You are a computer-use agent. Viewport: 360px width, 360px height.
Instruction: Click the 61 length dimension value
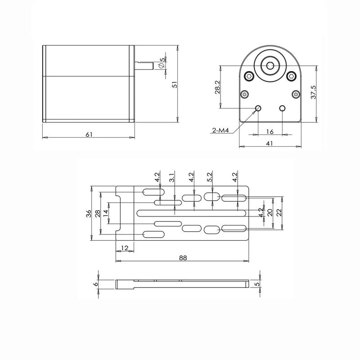click(x=89, y=135)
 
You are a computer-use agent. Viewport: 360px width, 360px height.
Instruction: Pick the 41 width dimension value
click(x=270, y=144)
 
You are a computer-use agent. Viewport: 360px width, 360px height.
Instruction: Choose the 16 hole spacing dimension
click(x=269, y=131)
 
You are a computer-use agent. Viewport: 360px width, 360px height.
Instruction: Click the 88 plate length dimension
click(x=183, y=258)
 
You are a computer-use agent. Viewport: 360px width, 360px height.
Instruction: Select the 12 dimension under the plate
click(x=125, y=248)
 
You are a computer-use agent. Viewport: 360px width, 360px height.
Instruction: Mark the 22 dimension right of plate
click(x=279, y=212)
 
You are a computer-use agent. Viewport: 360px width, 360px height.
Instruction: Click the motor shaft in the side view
click(x=144, y=65)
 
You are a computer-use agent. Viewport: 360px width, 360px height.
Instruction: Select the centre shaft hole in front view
click(x=270, y=65)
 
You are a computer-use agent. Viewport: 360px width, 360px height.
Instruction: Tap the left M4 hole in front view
click(x=258, y=108)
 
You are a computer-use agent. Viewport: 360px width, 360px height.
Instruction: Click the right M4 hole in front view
click(x=282, y=108)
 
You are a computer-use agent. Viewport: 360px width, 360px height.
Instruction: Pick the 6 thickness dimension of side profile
click(x=95, y=284)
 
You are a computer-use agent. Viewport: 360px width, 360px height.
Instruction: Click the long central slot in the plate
click(x=191, y=212)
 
